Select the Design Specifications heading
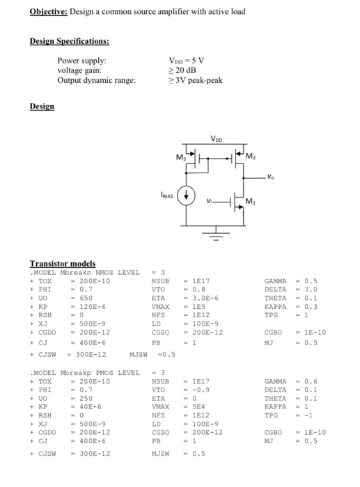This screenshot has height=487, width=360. [69, 41]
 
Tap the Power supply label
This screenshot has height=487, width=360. [81, 61]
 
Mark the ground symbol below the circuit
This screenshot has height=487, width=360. [219, 237]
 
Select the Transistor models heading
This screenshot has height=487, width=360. [62, 264]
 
